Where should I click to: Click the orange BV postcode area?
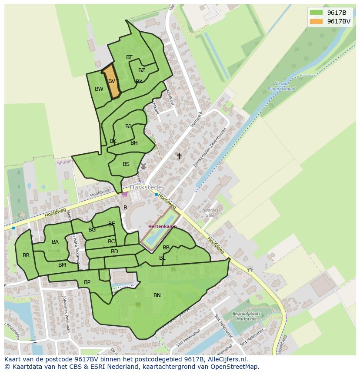tap(112, 82)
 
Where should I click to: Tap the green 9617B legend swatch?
tap(317, 13)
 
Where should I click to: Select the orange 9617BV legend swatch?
tap(317, 21)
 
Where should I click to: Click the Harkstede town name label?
tap(145, 187)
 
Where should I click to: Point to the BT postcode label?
tap(129, 57)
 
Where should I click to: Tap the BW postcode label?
tap(99, 89)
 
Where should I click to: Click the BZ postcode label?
tap(142, 70)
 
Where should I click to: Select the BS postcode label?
tap(126, 164)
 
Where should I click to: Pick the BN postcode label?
tap(157, 295)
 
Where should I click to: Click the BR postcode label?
tap(26, 255)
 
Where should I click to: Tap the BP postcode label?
tap(87, 282)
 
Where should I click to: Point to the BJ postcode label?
tap(128, 126)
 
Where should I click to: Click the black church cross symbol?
tap(179, 156)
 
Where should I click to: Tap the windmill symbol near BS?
tap(143, 166)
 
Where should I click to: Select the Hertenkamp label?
tap(163, 226)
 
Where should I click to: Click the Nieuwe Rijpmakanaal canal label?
tap(285, 86)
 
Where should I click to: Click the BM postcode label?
tap(62, 265)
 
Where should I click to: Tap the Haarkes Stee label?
tap(211, 212)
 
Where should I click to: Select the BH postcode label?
tap(134, 143)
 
